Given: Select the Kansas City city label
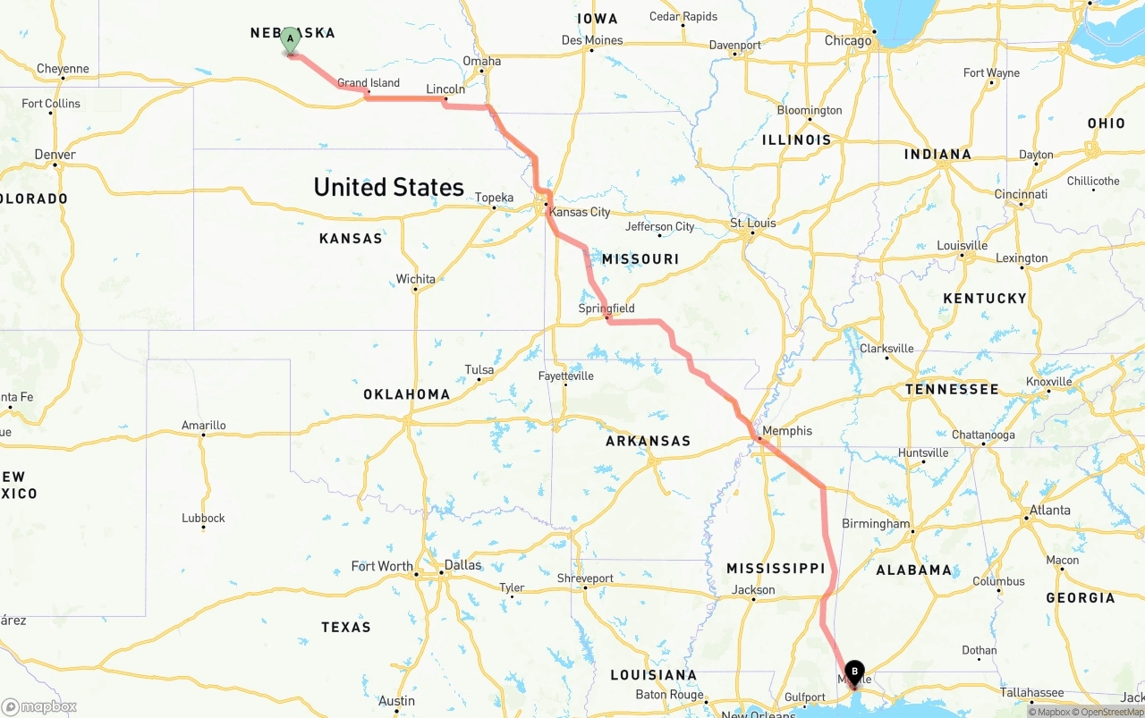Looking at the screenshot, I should pyautogui.click(x=580, y=212).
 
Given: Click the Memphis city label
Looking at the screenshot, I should pyautogui.click(x=787, y=431).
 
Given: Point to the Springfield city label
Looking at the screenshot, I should pyautogui.click(x=606, y=308).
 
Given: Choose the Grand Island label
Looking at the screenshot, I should pyautogui.click(x=369, y=83).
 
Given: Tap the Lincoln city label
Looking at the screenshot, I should pyautogui.click(x=445, y=89).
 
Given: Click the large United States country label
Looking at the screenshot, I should pyautogui.click(x=388, y=187).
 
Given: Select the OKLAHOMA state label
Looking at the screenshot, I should pyautogui.click(x=406, y=394).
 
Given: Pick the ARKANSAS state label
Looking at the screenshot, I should pyautogui.click(x=648, y=441).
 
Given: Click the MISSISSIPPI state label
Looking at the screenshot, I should pyautogui.click(x=776, y=569).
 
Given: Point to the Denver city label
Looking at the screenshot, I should pyautogui.click(x=55, y=155).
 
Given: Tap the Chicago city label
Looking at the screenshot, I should pyautogui.click(x=848, y=40).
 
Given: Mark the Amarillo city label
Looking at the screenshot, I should pyautogui.click(x=204, y=426).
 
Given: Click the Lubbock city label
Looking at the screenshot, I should pyautogui.click(x=203, y=518).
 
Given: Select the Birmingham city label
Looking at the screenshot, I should pyautogui.click(x=876, y=524).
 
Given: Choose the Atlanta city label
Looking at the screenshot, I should pyautogui.click(x=1049, y=511).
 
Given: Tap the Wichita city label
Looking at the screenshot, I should pyautogui.click(x=416, y=279).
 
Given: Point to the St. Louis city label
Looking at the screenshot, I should pyautogui.click(x=753, y=223).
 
